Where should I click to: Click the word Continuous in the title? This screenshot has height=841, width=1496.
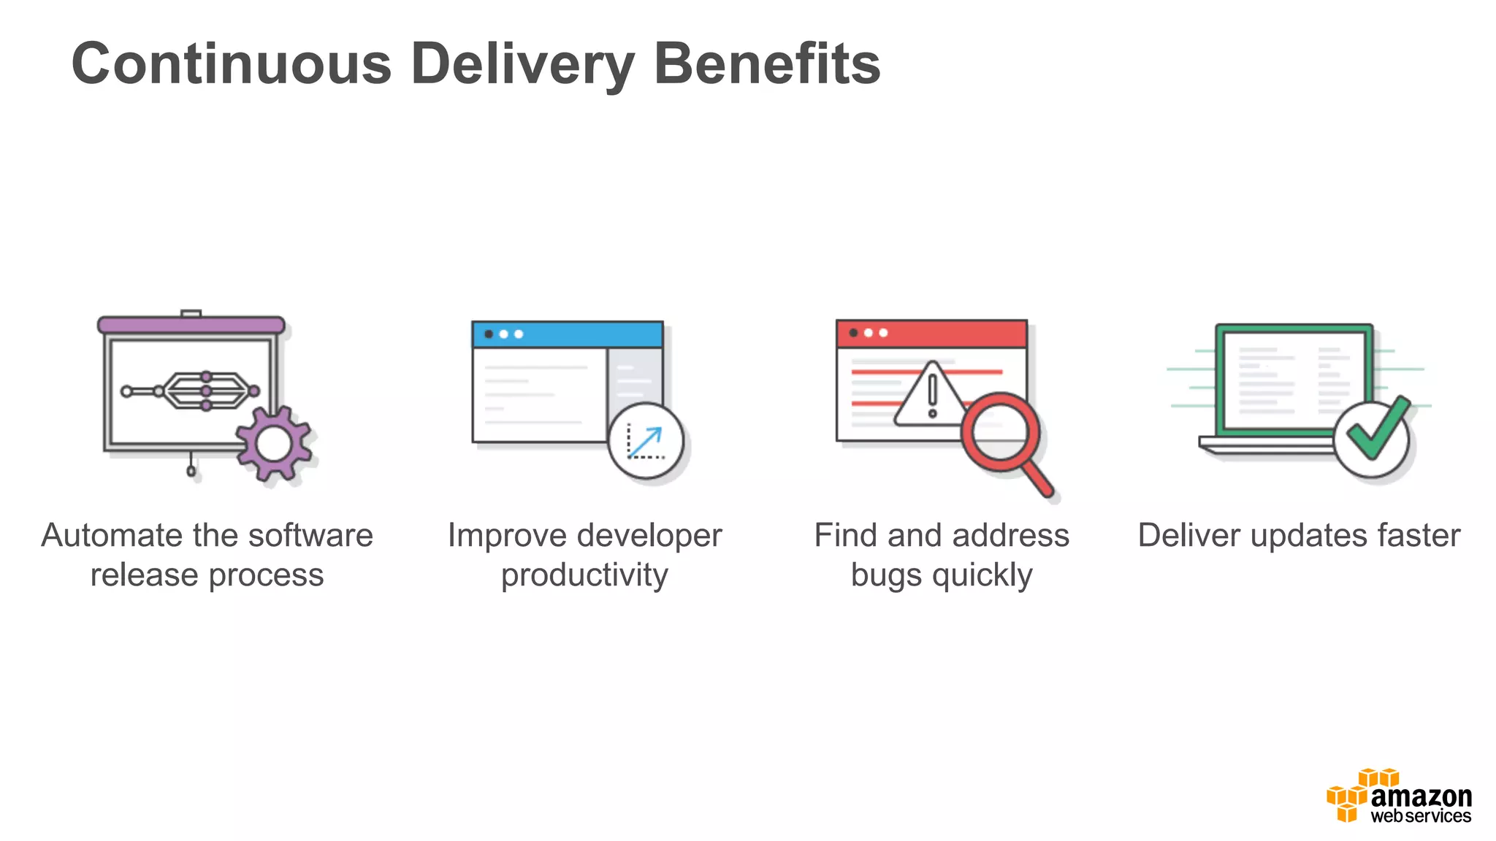click(x=232, y=64)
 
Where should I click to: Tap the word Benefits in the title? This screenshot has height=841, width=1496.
click(x=767, y=64)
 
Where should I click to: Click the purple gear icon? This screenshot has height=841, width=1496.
click(x=274, y=444)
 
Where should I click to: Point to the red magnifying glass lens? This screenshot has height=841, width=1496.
click(x=999, y=431)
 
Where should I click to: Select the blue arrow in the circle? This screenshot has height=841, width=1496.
click(x=645, y=442)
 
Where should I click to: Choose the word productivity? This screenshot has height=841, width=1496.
click(x=584, y=575)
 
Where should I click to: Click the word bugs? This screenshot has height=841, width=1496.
click(x=887, y=575)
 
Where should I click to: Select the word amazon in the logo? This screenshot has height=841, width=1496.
click(x=1421, y=796)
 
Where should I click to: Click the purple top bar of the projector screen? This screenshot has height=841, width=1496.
click(x=191, y=325)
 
